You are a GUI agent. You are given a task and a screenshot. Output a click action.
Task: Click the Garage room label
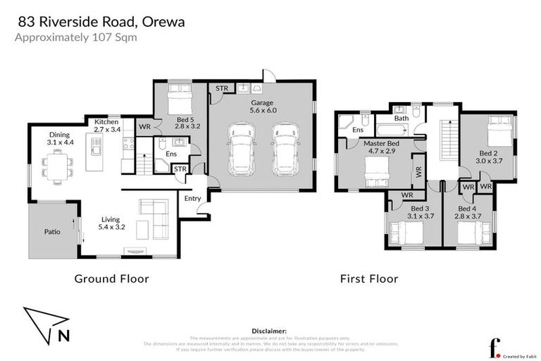click(x=262, y=103)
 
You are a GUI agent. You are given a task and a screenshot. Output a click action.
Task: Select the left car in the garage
click(x=240, y=150)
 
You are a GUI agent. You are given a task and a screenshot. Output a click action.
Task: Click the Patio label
click(x=52, y=231)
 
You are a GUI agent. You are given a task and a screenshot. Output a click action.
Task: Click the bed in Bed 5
click(x=178, y=95)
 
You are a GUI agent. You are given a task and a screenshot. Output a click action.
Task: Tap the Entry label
click(x=192, y=199)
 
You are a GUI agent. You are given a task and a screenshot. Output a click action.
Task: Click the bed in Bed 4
click(x=473, y=233)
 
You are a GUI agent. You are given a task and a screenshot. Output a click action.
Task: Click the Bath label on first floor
click(x=401, y=118)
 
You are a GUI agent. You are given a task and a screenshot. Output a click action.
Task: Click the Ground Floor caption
click(x=111, y=279)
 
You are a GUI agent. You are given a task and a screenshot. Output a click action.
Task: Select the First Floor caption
click(x=369, y=279)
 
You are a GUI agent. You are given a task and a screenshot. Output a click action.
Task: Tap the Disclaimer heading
click(x=269, y=330)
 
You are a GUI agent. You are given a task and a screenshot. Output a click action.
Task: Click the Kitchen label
click(x=107, y=121)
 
